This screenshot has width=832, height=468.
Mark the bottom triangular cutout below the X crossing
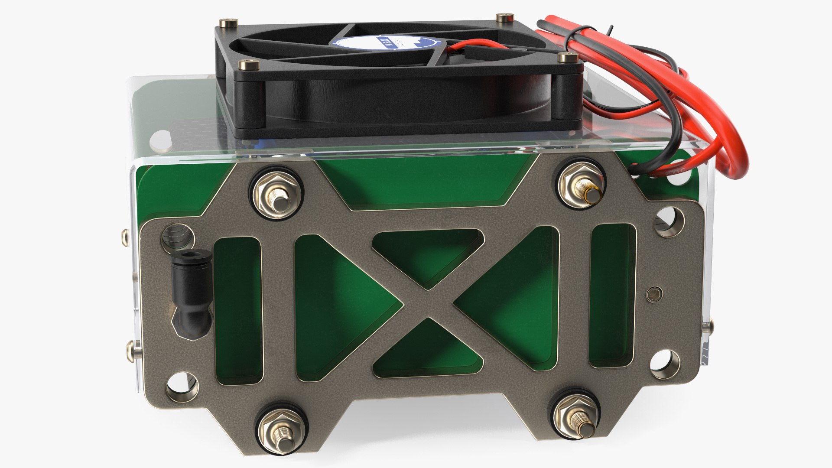[427, 351]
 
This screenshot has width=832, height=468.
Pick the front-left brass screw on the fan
[249, 65]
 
